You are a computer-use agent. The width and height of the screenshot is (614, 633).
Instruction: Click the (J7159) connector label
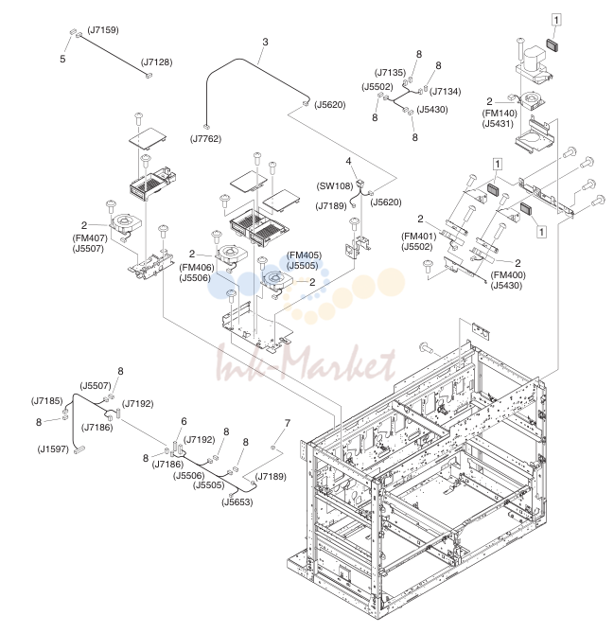[x=103, y=30]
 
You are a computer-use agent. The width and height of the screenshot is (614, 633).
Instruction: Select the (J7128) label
[x=157, y=62]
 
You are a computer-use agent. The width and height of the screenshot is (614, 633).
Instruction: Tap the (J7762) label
[x=206, y=139]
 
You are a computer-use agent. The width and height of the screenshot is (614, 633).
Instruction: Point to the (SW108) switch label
[x=335, y=186]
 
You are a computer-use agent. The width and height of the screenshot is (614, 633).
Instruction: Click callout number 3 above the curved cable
[x=265, y=42]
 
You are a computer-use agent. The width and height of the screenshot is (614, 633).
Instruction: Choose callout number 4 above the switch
[x=348, y=162]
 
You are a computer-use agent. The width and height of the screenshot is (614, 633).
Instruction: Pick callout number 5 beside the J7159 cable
[x=62, y=59]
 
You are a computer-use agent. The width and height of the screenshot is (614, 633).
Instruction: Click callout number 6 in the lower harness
[x=184, y=421]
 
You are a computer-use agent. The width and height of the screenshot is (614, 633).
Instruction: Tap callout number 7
[x=288, y=423]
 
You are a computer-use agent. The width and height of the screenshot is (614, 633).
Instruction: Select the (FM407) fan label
[x=90, y=238]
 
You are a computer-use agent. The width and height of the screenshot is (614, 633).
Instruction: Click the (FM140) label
[x=500, y=114]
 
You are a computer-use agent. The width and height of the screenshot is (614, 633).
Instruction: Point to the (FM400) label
[x=508, y=275]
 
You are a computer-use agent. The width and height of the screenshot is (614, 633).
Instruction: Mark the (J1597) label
[x=53, y=448]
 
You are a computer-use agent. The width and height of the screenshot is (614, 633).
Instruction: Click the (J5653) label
[x=237, y=502]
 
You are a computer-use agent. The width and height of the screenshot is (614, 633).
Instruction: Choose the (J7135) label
[x=390, y=73]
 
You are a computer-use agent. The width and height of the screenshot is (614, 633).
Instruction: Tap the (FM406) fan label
[x=197, y=267]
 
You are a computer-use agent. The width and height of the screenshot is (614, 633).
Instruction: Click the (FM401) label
[x=419, y=237]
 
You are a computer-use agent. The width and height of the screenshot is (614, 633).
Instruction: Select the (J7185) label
[x=46, y=401]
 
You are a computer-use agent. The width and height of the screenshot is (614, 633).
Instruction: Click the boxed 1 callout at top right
[x=556, y=19]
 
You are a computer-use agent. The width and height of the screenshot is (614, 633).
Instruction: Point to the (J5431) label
[x=498, y=124]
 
